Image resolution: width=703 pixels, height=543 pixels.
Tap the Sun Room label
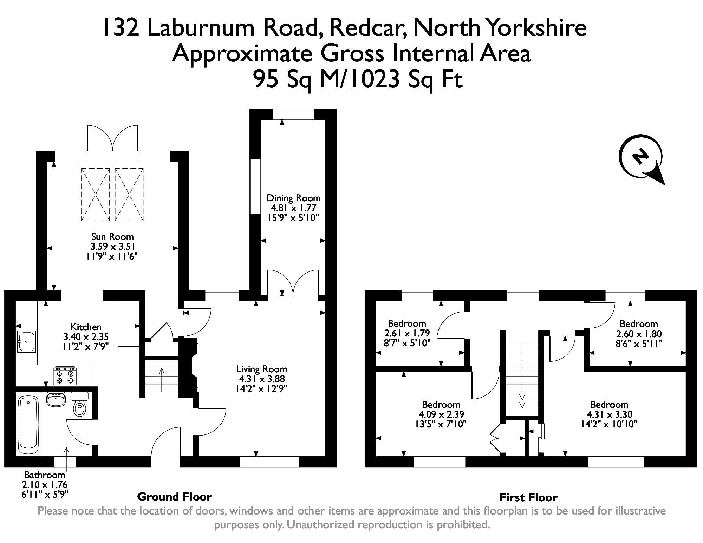(112, 236)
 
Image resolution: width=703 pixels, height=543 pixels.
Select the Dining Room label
(294, 198)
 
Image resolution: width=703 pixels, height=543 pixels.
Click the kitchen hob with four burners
(65, 375)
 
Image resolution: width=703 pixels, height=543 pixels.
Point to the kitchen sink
(26, 341)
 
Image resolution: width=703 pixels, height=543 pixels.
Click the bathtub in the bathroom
(28, 425)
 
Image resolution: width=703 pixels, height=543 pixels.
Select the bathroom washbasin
(56, 400)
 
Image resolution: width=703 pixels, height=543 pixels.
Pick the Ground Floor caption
(174, 497)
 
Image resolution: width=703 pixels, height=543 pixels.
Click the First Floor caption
(528, 497)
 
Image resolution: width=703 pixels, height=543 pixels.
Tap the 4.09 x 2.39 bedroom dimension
(441, 414)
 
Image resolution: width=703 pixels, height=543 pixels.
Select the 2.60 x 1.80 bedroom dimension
(639, 334)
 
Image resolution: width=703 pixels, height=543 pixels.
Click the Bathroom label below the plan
(45, 475)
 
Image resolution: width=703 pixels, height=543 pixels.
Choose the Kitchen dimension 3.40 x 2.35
(86, 336)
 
